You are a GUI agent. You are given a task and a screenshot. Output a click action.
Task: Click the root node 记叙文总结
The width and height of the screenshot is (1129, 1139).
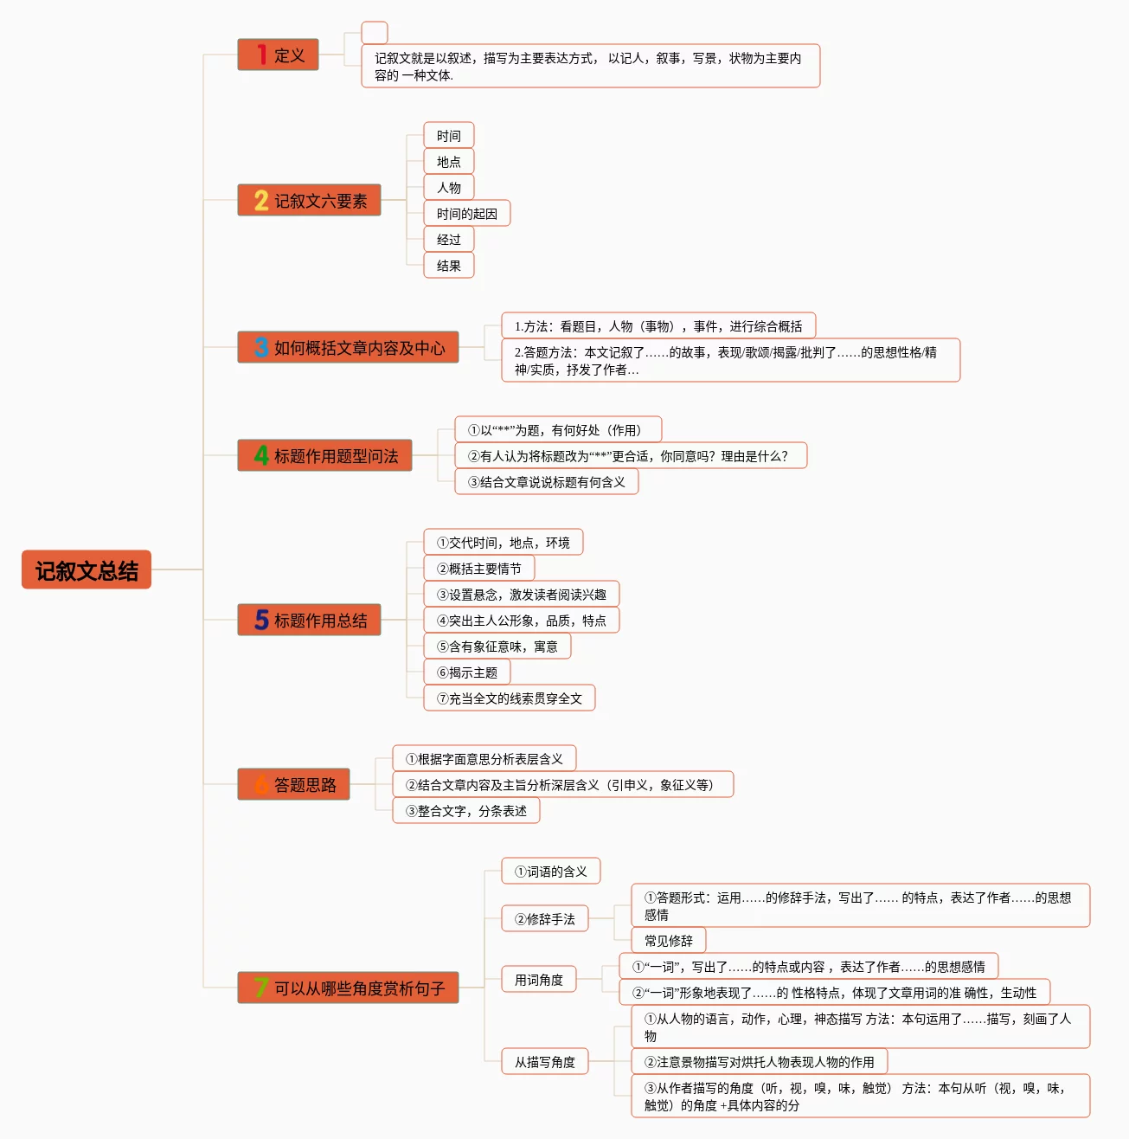click(87, 570)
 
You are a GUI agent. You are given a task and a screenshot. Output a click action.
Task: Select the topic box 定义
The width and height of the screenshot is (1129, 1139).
click(278, 55)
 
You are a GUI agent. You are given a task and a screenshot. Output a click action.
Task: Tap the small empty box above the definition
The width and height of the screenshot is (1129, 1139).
click(374, 33)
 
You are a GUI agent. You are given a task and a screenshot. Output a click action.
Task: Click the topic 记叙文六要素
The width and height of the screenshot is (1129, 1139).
click(309, 201)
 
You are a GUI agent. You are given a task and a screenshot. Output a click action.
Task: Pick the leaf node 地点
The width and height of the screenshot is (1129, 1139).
click(448, 162)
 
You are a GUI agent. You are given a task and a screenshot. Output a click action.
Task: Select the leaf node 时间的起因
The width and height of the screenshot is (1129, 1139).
click(466, 214)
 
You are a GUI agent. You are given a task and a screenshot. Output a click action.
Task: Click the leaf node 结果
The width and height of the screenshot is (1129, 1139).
click(448, 266)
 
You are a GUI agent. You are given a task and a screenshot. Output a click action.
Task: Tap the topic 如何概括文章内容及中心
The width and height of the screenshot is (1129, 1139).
click(348, 348)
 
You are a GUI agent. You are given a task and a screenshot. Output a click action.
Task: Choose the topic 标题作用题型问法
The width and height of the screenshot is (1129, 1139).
click(324, 456)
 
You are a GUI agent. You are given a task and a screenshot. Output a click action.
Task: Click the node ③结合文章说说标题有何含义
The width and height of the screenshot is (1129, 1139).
click(546, 482)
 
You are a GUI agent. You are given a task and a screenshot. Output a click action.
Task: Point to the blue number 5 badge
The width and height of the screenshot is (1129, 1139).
click(261, 621)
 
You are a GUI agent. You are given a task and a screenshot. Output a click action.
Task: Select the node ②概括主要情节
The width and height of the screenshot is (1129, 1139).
click(478, 569)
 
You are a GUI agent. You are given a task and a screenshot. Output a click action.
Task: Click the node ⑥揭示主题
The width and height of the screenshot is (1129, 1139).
click(466, 672)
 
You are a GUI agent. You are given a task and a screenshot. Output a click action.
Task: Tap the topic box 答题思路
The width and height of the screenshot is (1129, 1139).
click(293, 785)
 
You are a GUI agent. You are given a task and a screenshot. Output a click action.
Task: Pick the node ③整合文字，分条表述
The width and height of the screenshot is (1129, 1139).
click(465, 811)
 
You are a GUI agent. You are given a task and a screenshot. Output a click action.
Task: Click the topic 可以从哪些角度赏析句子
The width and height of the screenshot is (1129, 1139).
click(348, 988)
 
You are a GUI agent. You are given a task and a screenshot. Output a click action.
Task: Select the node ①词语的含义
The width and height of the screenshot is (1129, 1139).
click(550, 872)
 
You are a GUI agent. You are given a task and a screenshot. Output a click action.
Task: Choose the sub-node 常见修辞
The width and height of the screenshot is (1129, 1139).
click(668, 941)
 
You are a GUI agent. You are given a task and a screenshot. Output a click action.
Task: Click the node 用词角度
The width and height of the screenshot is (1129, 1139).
click(538, 980)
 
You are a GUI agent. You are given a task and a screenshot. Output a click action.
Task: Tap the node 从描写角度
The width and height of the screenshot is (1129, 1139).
click(544, 1062)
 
